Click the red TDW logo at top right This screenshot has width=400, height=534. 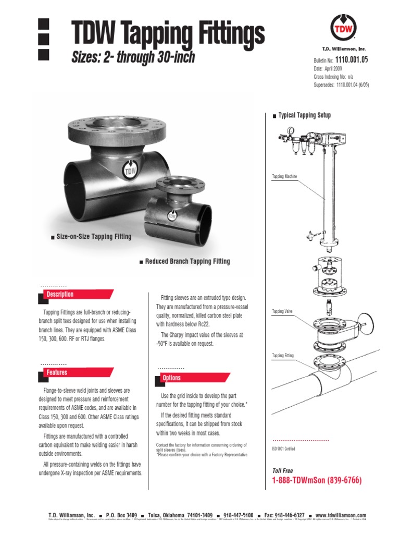point(340,27)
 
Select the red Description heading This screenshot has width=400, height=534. point(60,295)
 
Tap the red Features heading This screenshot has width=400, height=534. point(57,373)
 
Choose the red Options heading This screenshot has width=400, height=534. point(171,378)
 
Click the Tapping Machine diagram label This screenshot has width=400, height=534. point(284,177)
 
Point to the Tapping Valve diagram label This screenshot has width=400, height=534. point(282,311)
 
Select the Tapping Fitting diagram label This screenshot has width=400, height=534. point(283,356)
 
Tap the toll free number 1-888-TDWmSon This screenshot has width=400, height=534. point(316,480)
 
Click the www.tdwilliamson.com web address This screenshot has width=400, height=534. point(341,515)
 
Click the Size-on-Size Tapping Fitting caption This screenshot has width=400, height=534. point(94,237)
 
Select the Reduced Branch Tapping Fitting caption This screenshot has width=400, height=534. point(187,261)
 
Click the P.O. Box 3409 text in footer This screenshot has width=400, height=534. point(121,515)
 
